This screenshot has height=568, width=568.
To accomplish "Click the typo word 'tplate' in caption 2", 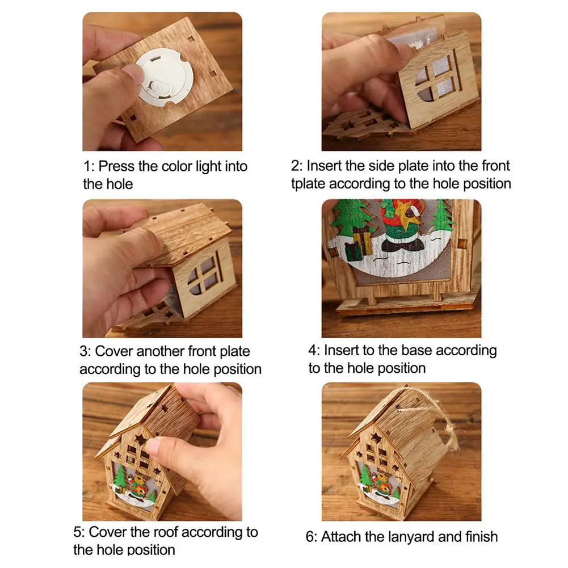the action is tap(308, 184).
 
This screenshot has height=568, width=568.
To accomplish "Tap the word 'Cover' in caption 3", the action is tap(113, 351).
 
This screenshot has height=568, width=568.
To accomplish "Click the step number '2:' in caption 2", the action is tap(297, 166).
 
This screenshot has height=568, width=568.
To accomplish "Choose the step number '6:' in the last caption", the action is tap(312, 537).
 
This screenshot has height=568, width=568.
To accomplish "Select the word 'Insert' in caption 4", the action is tap(341, 350).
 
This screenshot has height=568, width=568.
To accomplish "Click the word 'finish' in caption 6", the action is tap(481, 537).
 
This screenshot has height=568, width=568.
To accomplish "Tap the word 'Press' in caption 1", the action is tap(117, 167).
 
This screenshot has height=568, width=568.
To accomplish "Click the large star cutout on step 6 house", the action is tap(377, 437).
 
